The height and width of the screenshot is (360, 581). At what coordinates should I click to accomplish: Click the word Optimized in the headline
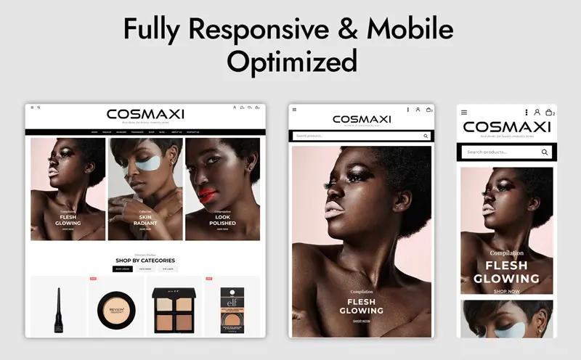click(x=291, y=62)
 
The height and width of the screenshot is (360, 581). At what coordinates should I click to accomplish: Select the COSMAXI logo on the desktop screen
click(x=145, y=114)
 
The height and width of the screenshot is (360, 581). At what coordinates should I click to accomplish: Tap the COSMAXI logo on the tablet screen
click(x=362, y=119)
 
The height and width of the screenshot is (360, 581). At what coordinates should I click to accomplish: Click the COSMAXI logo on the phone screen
click(x=506, y=128)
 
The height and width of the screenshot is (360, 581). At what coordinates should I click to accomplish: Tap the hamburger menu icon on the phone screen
click(x=464, y=112)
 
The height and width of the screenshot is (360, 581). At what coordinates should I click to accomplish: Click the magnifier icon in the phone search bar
click(x=545, y=152)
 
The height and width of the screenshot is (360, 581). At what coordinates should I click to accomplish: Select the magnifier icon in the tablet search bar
click(x=426, y=136)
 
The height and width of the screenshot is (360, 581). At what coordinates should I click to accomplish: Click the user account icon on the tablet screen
click(x=418, y=110)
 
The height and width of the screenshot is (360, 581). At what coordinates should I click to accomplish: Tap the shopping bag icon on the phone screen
click(x=549, y=112)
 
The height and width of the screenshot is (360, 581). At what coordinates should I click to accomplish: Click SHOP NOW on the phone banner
click(x=506, y=291)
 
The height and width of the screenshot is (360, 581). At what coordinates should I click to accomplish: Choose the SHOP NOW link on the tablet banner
click(x=362, y=321)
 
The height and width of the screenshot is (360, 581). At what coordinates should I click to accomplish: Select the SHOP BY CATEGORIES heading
click(x=145, y=261)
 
